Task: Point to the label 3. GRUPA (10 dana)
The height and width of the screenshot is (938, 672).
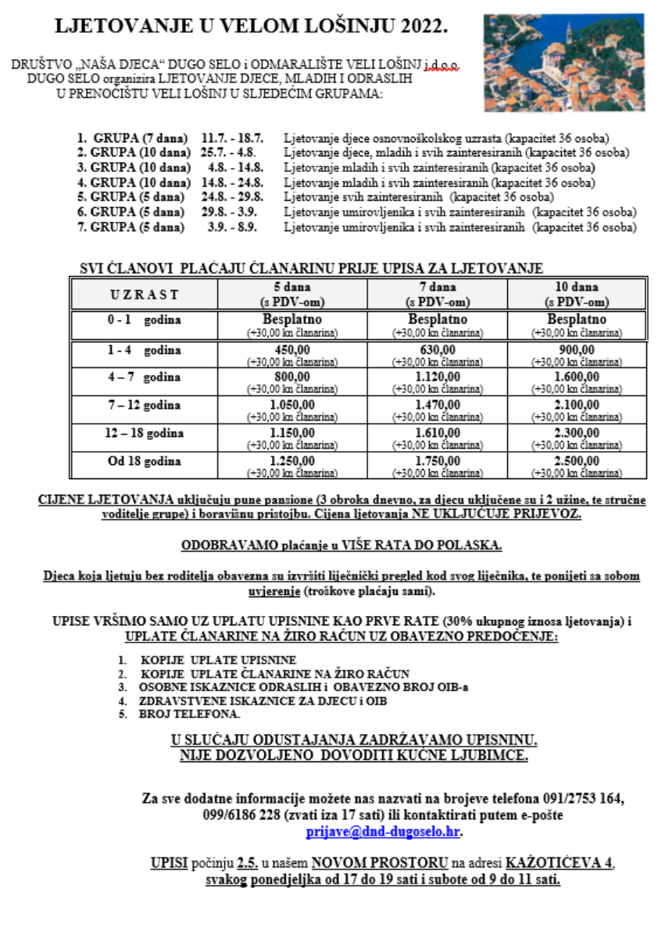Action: coord(134,167)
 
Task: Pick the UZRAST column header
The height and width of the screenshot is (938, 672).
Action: coord(143,295)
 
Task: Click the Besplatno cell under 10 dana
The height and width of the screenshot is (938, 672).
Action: coord(577,320)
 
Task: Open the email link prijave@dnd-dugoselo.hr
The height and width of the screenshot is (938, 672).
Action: coord(383,832)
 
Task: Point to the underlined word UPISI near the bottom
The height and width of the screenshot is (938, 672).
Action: coord(170,864)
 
